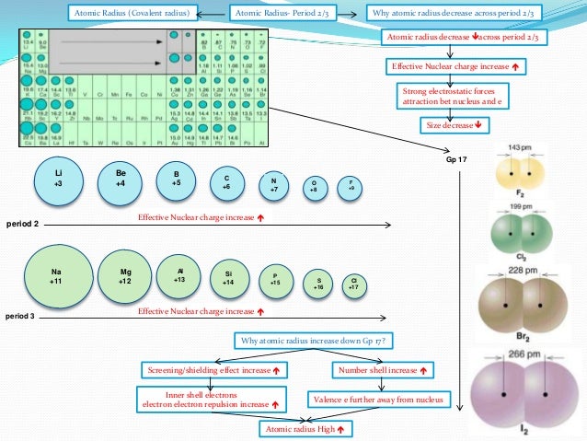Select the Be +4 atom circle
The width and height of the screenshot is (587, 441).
tap(121, 179)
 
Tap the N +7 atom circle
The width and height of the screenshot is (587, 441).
tap(272, 184)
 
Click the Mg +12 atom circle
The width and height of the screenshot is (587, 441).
tap(126, 274)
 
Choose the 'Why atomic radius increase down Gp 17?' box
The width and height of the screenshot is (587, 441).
tap(314, 341)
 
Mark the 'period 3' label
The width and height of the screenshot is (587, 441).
tap(20, 316)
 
